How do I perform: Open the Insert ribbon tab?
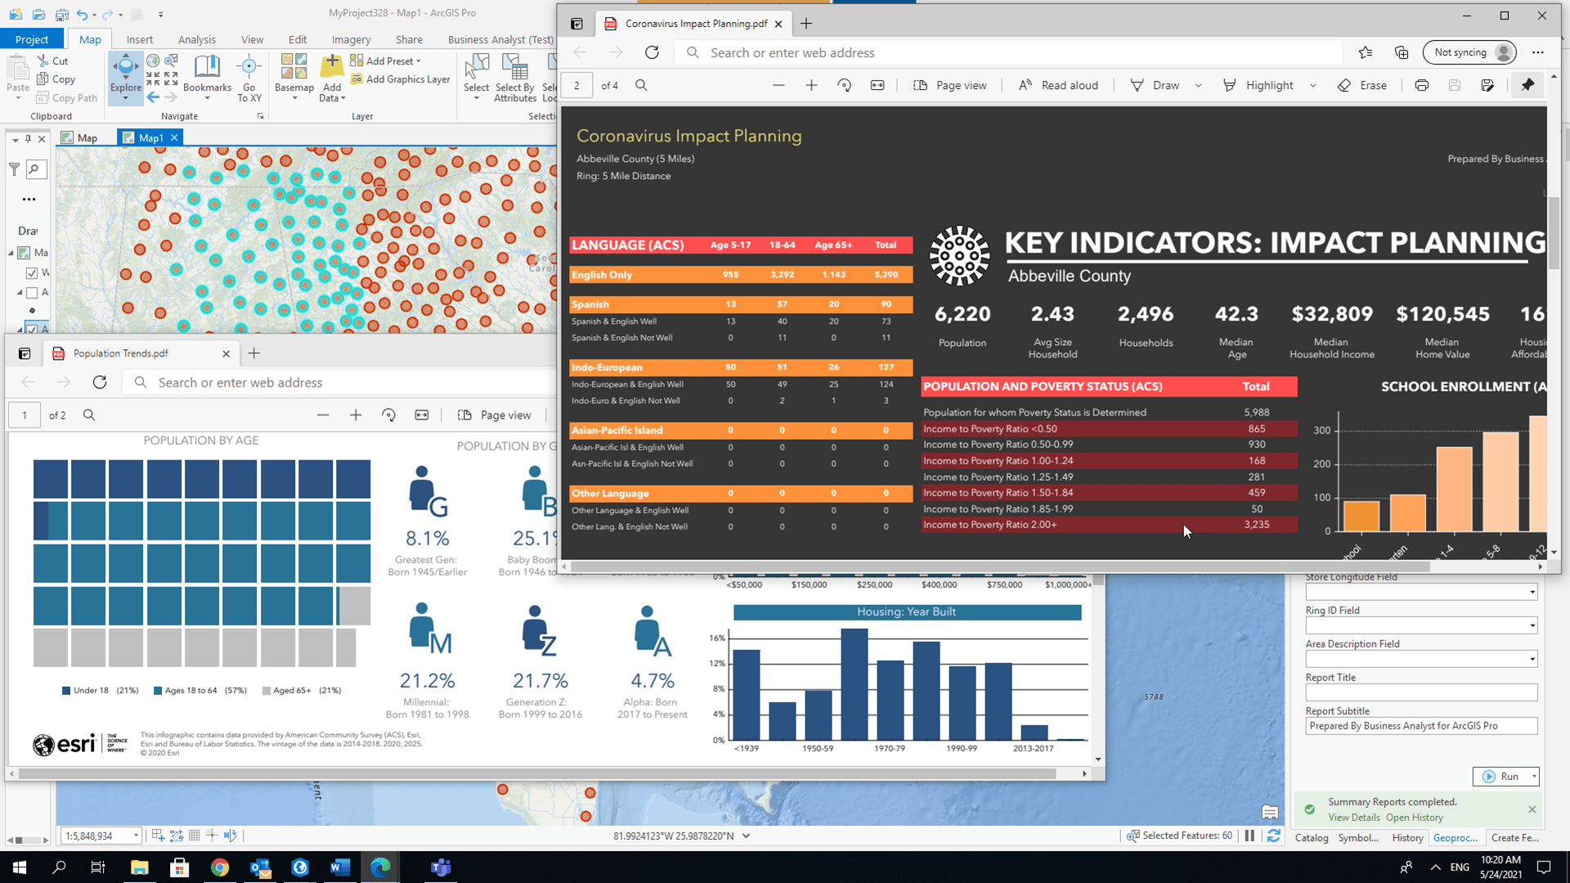(x=139, y=39)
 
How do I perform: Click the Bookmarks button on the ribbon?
(x=207, y=75)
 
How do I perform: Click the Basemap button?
(x=294, y=75)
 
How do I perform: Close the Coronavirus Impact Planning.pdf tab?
(x=778, y=24)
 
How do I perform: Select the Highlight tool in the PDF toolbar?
(x=1258, y=85)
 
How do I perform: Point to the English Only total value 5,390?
(x=886, y=275)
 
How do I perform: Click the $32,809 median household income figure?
(x=1331, y=314)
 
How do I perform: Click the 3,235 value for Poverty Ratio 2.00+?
(x=1256, y=525)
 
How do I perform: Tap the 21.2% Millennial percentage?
(x=427, y=680)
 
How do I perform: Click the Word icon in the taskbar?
(x=340, y=867)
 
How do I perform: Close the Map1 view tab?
(x=174, y=137)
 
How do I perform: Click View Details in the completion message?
(x=1353, y=818)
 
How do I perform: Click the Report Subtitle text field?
(x=1420, y=726)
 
